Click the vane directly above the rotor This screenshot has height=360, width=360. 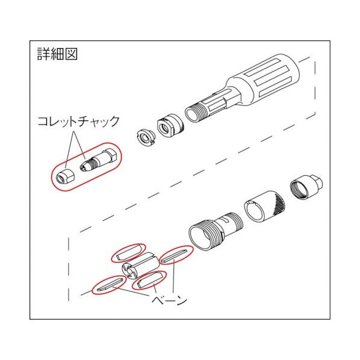coord(128,251)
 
